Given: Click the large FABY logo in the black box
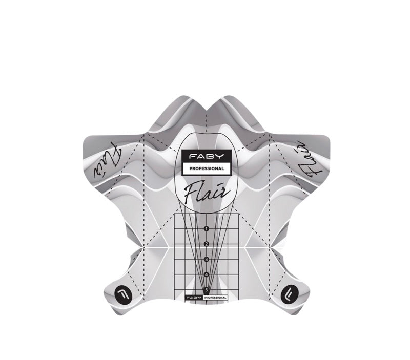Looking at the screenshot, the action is pyautogui.click(x=207, y=157).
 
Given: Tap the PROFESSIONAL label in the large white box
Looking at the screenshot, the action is pyautogui.click(x=207, y=168).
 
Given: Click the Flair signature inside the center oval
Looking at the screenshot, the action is pyautogui.click(x=207, y=194).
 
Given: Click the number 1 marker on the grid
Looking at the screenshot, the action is pyautogui.click(x=207, y=229).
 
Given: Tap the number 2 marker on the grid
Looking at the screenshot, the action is pyautogui.click(x=207, y=244).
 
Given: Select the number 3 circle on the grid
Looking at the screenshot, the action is pyautogui.click(x=207, y=259).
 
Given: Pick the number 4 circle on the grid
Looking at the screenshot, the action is pyautogui.click(x=207, y=274).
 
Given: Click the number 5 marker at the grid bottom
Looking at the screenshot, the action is pyautogui.click(x=207, y=289).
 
